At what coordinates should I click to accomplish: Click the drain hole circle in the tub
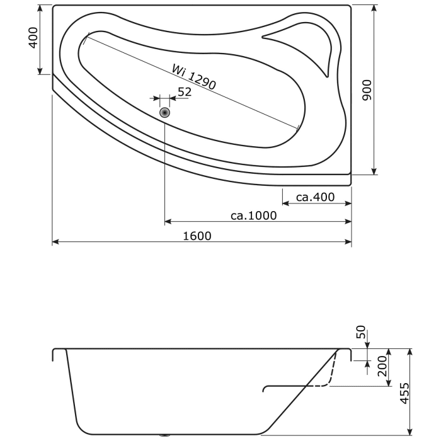click(x=165, y=113)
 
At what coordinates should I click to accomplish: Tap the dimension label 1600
click(x=197, y=236)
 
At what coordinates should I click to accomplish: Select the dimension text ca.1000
click(x=254, y=215)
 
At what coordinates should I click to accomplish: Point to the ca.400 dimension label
click(x=315, y=197)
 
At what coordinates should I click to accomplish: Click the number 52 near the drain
click(x=184, y=92)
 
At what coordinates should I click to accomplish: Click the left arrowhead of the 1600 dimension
click(x=55, y=242)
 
